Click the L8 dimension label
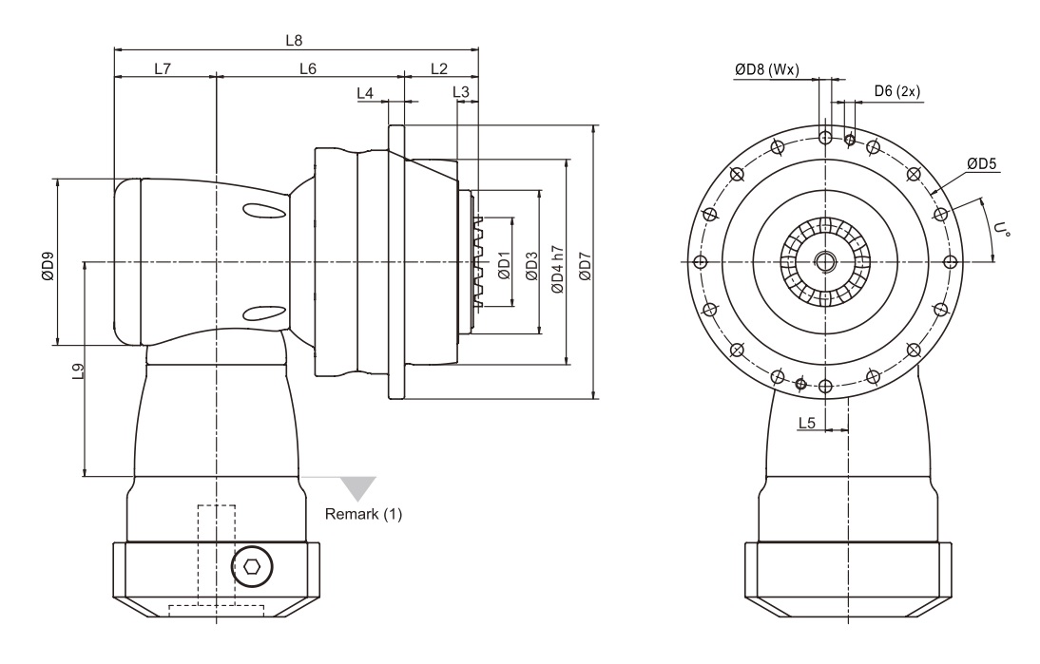[x=296, y=41]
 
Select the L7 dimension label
[x=163, y=68]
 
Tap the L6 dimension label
[x=308, y=68]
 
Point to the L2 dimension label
[x=439, y=68]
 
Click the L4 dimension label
[x=365, y=93]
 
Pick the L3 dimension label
[x=461, y=92]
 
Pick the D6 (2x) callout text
[x=896, y=91]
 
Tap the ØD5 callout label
[x=983, y=164]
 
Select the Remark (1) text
[x=364, y=515]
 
